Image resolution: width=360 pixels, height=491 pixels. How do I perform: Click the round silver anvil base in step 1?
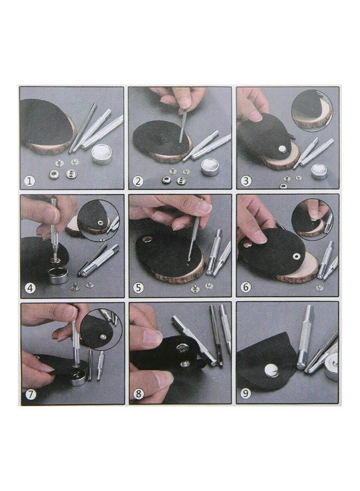coord(101,154)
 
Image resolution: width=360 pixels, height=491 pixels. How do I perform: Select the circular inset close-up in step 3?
coord(311,111)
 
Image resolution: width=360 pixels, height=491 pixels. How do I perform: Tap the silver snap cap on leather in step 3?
coord(282,148)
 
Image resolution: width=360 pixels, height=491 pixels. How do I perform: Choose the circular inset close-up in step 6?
coord(312,219)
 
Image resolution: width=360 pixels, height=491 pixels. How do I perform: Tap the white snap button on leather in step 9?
coord(271,370)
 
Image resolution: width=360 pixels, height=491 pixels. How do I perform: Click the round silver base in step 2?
coord(210,166)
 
